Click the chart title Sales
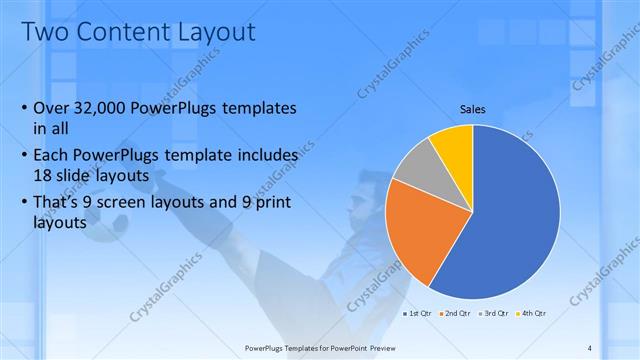coord(473,109)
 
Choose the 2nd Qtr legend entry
coord(456,314)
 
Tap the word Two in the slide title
coord(42,32)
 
